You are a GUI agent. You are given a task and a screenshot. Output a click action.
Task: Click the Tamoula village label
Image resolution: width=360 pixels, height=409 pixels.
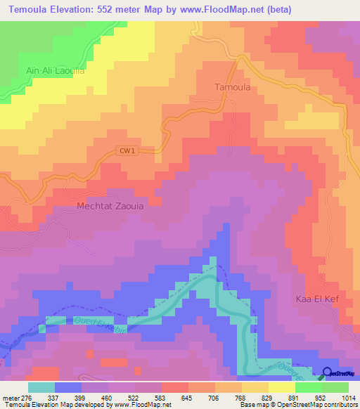tap(231, 88)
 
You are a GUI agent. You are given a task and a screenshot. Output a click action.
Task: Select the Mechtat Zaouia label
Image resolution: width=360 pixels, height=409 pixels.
tap(110, 207)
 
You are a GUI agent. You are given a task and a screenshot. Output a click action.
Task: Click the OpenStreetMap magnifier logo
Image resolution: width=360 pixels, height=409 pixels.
tap(328, 373)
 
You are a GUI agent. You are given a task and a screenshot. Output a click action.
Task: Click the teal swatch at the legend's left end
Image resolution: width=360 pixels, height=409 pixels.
tap(41, 387)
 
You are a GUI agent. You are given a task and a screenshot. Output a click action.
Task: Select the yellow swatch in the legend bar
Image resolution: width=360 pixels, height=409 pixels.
tap(281, 387)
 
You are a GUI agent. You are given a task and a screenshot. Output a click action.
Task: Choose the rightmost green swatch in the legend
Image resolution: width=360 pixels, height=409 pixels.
tap(335, 387)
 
